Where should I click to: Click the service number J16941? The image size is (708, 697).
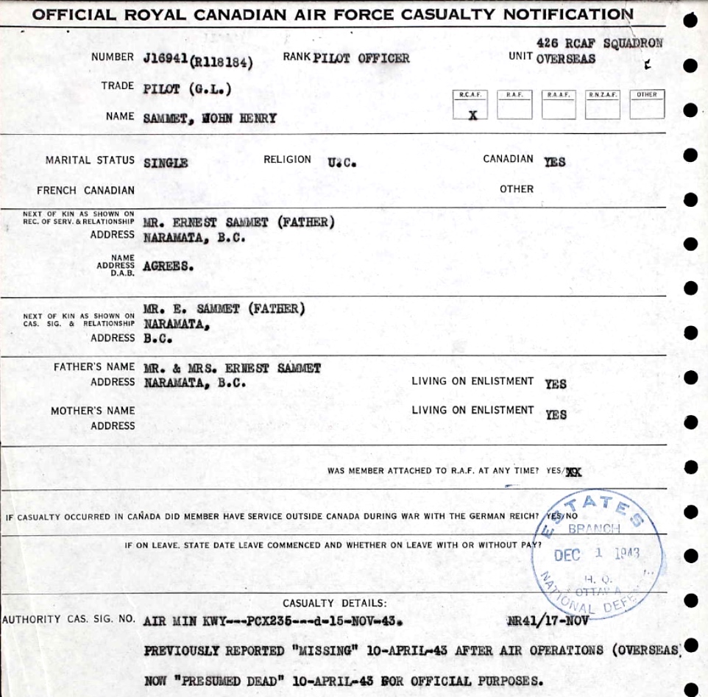tap(166, 59)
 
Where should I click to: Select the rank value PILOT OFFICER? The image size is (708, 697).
tap(361, 58)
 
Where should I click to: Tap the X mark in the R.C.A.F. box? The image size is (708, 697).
tap(472, 114)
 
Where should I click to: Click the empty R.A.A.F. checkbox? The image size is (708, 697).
tap(559, 109)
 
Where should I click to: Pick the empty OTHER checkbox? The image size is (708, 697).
tap(647, 109)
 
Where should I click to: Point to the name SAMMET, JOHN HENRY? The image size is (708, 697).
tap(210, 118)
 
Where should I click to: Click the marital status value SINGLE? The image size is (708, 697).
tap(166, 163)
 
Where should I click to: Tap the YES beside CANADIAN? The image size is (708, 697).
tap(555, 162)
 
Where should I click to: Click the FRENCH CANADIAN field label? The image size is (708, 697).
tap(85, 191)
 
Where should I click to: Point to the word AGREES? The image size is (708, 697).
tap(169, 266)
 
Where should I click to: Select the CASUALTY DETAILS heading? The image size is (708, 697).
tap(334, 604)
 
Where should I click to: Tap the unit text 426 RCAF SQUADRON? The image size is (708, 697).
tap(600, 43)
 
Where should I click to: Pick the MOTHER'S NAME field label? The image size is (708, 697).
tap(92, 411)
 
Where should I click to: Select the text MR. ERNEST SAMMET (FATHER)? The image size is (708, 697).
tap(238, 222)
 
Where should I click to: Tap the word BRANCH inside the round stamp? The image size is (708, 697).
tap(594, 528)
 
